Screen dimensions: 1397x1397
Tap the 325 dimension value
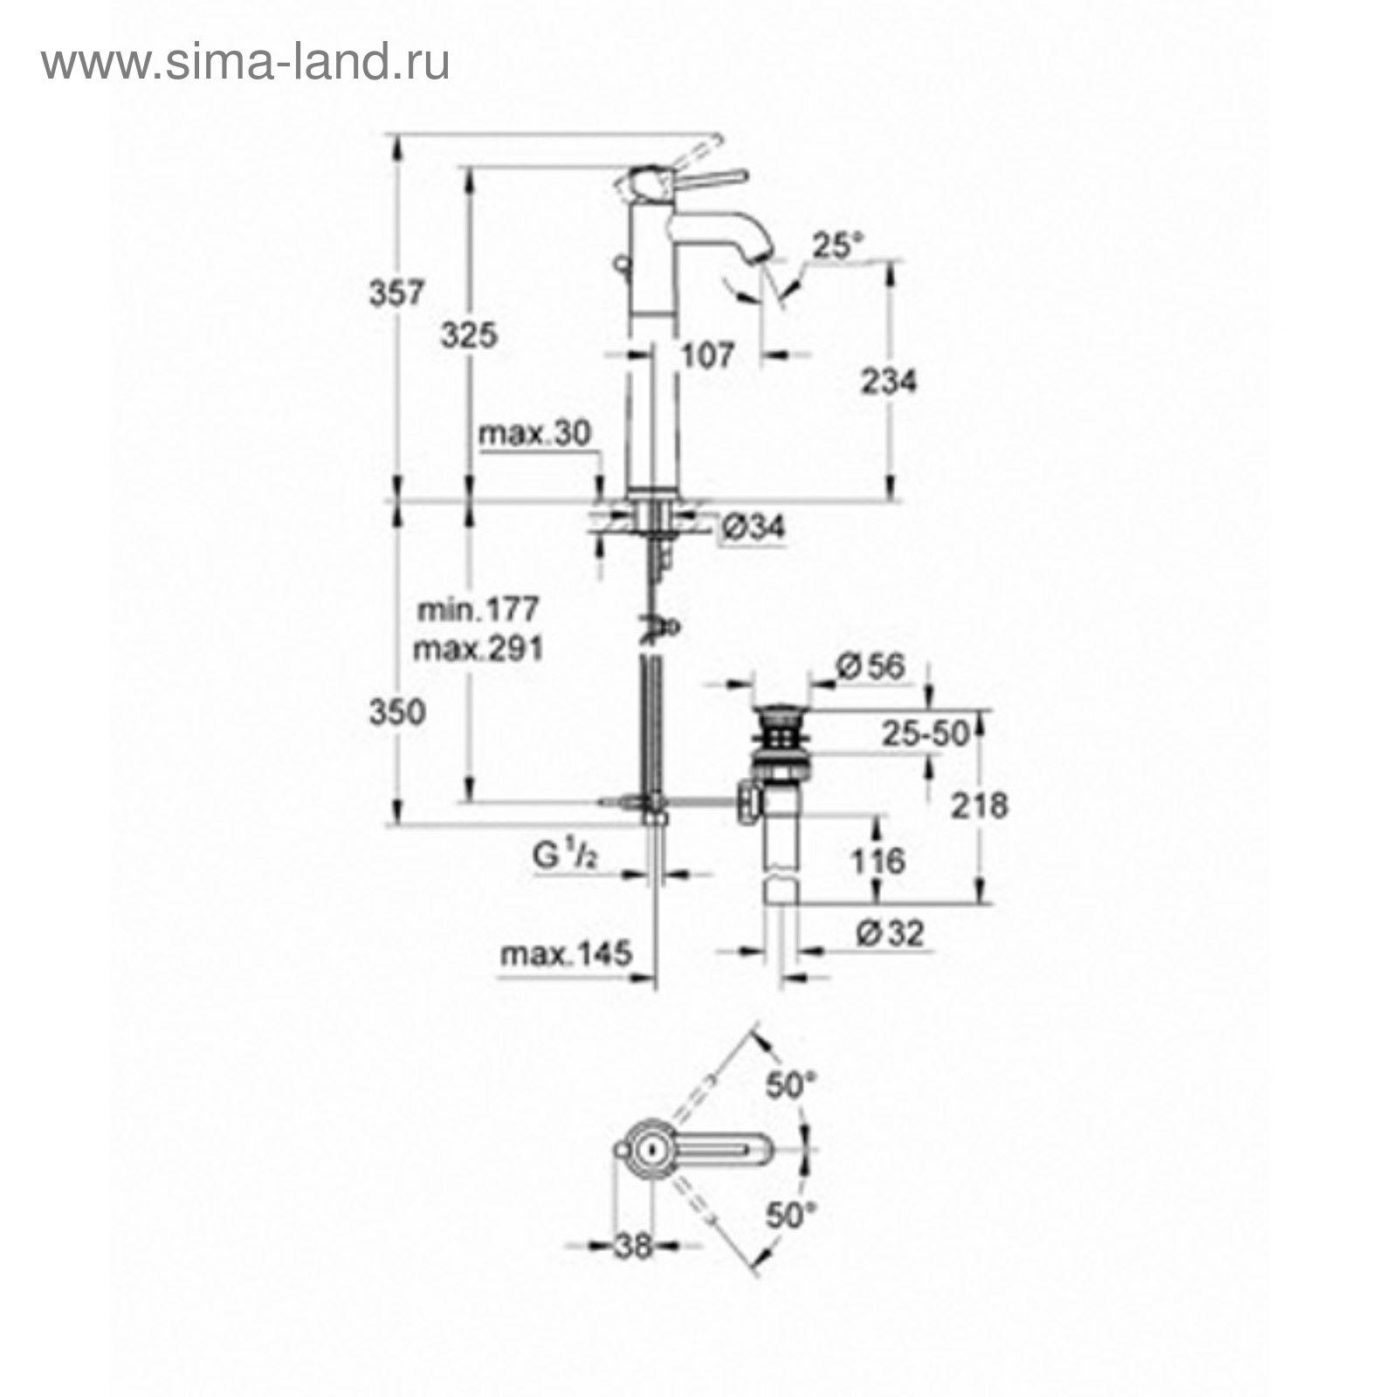468,334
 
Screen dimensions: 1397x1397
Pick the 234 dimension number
889,382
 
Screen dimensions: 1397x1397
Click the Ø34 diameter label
754,526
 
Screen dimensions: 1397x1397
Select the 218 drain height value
979,805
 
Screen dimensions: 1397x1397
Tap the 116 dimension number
877,862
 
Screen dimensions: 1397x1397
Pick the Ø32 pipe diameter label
890,934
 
